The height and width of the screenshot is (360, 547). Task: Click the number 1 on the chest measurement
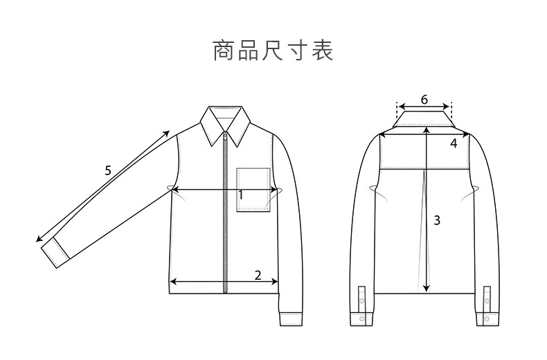pyautogui.click(x=240, y=195)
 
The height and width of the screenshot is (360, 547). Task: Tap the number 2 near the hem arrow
pyautogui.click(x=258, y=275)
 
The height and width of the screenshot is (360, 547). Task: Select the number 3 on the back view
pyautogui.click(x=436, y=221)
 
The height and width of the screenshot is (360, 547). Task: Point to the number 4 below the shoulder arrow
pyautogui.click(x=454, y=144)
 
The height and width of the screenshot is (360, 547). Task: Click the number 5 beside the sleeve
pyautogui.click(x=107, y=170)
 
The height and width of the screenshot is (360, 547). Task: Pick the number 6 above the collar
pyautogui.click(x=424, y=99)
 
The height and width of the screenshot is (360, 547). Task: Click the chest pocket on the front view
pyautogui.click(x=253, y=189)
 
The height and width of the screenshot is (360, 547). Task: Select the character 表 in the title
pyautogui.click(x=323, y=52)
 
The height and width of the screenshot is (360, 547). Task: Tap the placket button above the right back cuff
pyautogui.click(x=487, y=300)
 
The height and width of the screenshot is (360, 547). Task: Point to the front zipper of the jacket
pyautogui.click(x=225, y=215)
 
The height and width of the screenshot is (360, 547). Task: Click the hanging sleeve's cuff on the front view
pyautogui.click(x=292, y=319)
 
